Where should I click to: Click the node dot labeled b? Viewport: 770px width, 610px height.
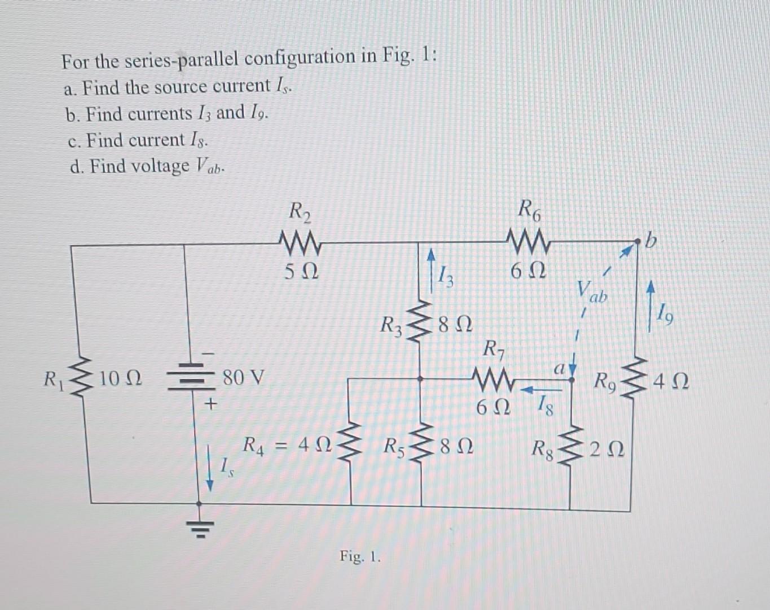pos(637,242)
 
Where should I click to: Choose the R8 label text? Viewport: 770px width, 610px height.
pos(545,450)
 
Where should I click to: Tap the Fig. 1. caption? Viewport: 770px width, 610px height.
pos(360,557)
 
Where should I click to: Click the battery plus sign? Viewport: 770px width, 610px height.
pos(211,404)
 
